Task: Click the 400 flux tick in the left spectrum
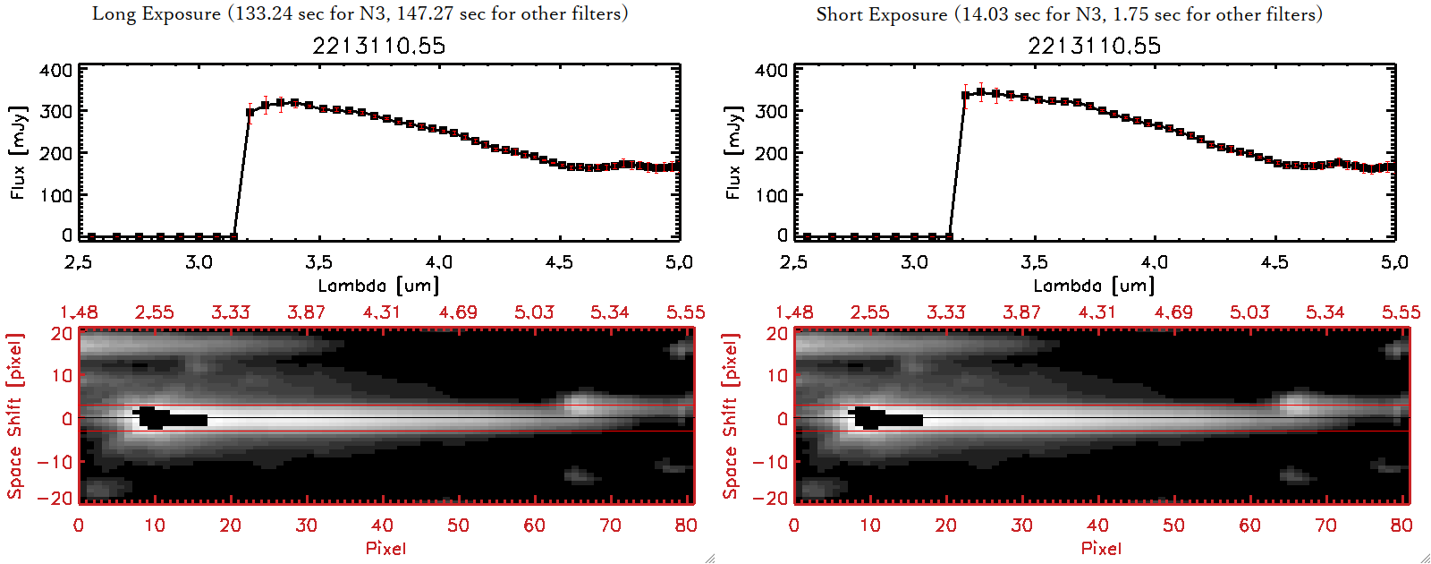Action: tap(55, 70)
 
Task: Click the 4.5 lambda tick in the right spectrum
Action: tap(1274, 262)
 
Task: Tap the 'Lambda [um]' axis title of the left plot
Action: tap(378, 286)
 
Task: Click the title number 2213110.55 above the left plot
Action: tap(378, 46)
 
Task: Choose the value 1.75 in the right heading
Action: tap(1126, 14)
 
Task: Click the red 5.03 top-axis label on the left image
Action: tap(534, 312)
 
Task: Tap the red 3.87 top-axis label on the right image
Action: tap(1021, 312)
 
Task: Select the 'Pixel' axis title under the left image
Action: tap(385, 548)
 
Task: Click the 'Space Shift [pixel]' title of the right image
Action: tap(731, 416)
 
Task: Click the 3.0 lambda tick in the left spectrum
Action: tap(199, 262)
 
